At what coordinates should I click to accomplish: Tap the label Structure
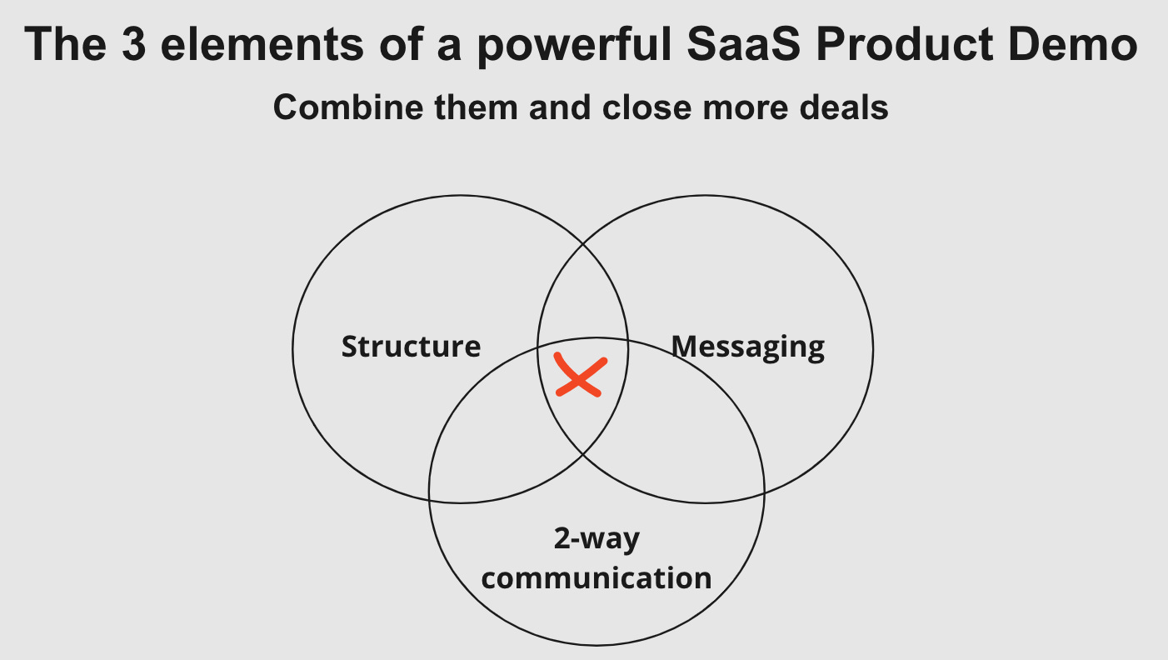click(x=411, y=346)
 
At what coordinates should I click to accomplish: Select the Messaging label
click(x=748, y=346)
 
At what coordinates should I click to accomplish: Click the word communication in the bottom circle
click(x=596, y=577)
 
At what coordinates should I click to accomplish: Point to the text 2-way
click(x=596, y=539)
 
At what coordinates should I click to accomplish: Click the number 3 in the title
click(x=133, y=44)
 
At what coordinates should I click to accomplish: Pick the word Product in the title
click(x=913, y=44)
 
